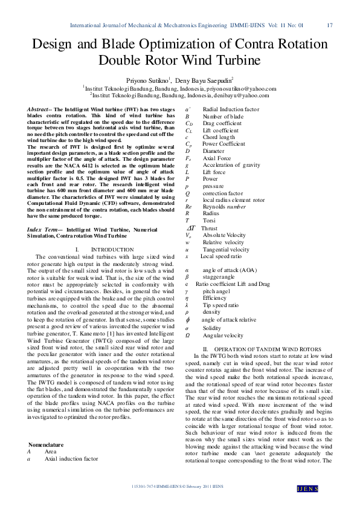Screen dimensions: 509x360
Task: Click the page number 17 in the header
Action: click(x=330, y=25)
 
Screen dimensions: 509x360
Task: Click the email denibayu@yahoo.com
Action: click(x=236, y=95)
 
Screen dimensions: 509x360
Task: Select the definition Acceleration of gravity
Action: click(x=231, y=165)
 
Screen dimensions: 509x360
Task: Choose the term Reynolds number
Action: click(x=223, y=207)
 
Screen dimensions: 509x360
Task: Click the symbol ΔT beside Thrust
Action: click(x=190, y=228)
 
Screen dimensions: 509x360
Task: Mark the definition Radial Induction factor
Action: click(x=231, y=109)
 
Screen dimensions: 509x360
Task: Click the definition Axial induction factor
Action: click(x=71, y=459)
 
